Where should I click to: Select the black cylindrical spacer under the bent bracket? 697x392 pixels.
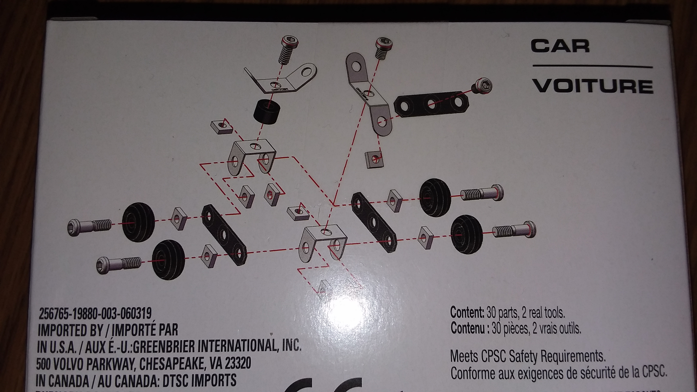point(266,111)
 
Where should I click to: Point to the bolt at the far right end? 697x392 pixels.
point(514,231)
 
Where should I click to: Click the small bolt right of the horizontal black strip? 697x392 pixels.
point(482,87)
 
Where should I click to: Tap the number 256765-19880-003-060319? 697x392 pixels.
point(95,314)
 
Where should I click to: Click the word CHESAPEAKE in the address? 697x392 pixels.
point(173,364)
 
